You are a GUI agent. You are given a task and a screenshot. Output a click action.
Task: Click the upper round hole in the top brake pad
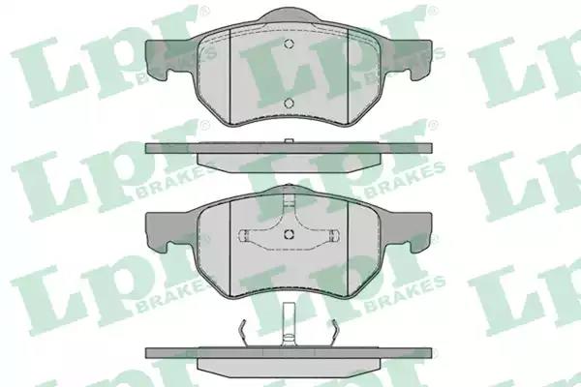coord(289,44)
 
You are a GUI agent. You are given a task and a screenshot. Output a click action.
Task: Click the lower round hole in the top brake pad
coord(289,103)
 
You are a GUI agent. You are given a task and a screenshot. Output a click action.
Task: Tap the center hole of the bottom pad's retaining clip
coord(289,234)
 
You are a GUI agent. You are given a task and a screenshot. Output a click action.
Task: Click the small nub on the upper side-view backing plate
coord(289,141)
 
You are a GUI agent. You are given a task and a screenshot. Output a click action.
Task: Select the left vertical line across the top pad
coord(230,75)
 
